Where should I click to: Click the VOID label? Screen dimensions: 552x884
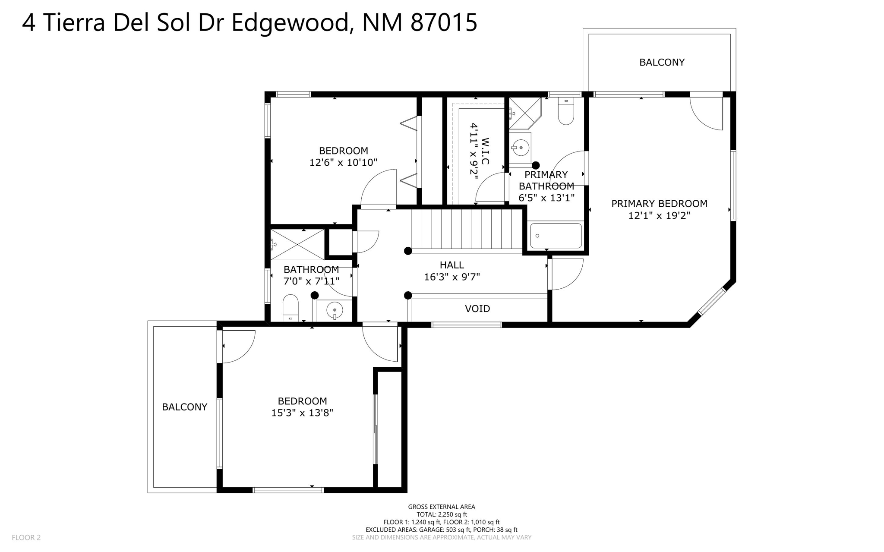coord(477,309)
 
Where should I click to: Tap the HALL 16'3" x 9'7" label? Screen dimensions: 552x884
coord(452,271)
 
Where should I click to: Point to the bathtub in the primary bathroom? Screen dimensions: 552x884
coord(556,236)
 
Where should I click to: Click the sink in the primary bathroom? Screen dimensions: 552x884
coord(521,148)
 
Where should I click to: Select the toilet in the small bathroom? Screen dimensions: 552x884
coord(290,307)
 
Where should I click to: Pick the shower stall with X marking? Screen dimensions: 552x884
coord(297,245)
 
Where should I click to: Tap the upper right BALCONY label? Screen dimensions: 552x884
coord(662,62)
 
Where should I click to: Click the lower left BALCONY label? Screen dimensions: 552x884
coord(184,407)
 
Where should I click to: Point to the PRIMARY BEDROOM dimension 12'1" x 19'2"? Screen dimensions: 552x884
coord(659,215)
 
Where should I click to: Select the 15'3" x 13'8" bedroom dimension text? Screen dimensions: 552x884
coord(302,413)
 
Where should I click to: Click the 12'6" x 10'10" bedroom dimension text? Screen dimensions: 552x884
coord(343,163)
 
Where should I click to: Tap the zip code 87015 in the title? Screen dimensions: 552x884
coord(443,22)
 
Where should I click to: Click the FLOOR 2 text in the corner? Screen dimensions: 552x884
coord(26,537)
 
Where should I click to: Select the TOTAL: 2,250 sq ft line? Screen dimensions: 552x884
coord(442,514)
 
